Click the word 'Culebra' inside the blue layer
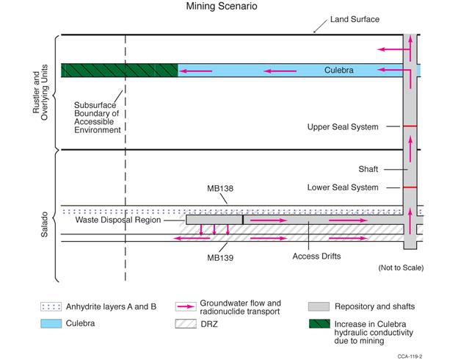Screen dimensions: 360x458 click(x=339, y=71)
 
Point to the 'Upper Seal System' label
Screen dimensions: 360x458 click(x=343, y=127)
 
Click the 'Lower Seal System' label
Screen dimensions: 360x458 click(x=343, y=187)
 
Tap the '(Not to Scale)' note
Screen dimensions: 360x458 click(x=401, y=267)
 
